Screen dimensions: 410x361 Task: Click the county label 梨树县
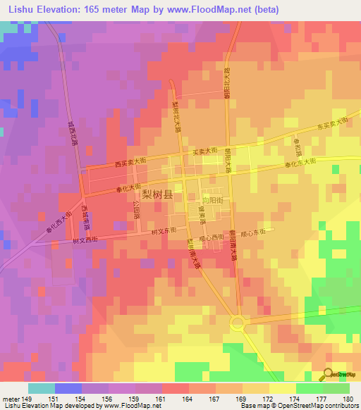pos(157,194)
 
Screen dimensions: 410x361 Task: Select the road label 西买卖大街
pos(130,163)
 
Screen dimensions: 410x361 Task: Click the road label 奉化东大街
pos(301,163)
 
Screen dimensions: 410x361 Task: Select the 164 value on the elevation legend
pos(176,399)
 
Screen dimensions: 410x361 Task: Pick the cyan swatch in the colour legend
pos(42,388)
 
